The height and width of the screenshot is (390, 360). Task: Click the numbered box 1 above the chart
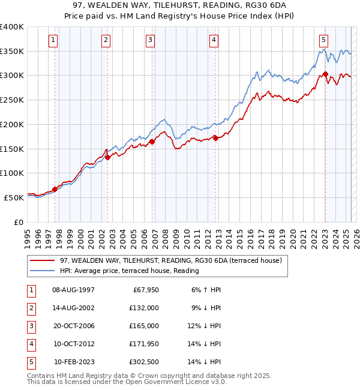53,40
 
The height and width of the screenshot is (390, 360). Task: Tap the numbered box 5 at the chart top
323,40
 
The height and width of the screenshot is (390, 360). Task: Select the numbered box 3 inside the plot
150,40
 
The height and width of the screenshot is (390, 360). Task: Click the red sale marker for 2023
325,74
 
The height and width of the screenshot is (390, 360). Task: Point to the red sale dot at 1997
55,189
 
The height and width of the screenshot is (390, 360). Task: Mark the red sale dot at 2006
152,142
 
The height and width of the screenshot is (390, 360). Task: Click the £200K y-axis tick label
11,124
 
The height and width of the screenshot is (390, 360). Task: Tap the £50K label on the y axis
14,197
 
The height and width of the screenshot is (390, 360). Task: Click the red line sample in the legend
41,260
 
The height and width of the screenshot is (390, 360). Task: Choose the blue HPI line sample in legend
41,271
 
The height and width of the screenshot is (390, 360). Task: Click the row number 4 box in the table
30,344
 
